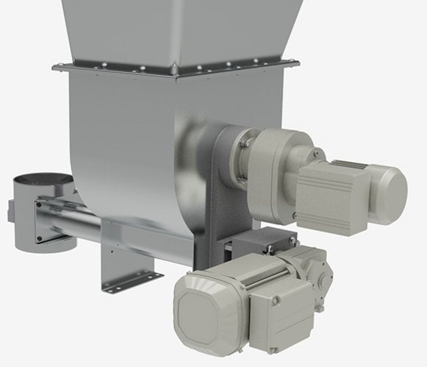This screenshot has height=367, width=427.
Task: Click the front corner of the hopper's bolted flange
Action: [175, 71]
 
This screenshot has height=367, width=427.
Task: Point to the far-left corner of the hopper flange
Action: [56, 68]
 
